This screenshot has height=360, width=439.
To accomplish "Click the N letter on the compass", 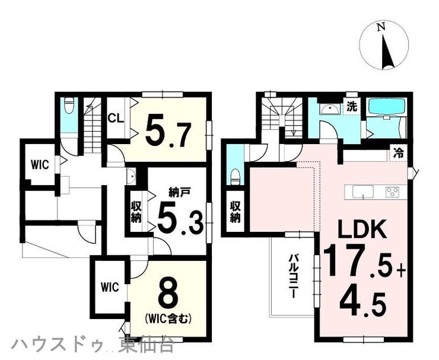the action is (x=381, y=27).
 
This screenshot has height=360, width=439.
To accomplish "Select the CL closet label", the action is (x=116, y=119).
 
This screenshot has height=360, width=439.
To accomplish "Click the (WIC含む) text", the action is (x=168, y=318).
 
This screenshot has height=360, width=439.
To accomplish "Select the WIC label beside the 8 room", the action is (x=110, y=287).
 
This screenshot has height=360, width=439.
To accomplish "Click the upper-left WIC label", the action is (x=40, y=165).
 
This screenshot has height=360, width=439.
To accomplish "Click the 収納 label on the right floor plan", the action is (x=236, y=212).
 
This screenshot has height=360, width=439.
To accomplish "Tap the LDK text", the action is (x=362, y=230).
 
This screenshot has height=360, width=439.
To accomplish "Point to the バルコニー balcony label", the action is (x=294, y=276).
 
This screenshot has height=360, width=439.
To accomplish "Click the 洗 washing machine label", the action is (x=352, y=107).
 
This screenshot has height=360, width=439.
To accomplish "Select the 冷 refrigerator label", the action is (x=398, y=153).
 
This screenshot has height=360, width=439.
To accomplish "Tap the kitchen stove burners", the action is (x=392, y=192).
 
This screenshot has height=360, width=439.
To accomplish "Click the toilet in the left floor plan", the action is (x=69, y=106).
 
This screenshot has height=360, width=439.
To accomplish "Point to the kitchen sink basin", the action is (x=362, y=192).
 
